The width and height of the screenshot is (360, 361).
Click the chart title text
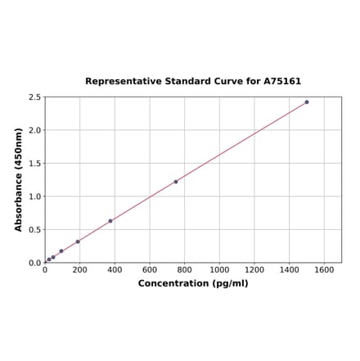(x=193, y=81)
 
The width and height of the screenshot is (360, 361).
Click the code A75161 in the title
(x=281, y=81)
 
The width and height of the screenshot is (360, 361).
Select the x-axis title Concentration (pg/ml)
(x=193, y=283)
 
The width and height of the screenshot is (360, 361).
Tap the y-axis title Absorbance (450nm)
(x=19, y=179)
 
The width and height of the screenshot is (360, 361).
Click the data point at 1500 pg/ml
(x=307, y=102)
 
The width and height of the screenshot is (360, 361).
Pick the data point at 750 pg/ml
(x=176, y=182)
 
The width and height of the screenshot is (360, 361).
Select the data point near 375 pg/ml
(x=110, y=221)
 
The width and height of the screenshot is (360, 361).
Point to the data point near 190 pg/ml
(x=78, y=241)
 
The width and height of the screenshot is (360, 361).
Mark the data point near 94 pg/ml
(x=61, y=251)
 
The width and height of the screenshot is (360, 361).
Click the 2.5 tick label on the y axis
(x=34, y=97)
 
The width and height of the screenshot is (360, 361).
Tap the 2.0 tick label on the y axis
(x=34, y=130)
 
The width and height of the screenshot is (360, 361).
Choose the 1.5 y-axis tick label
(x=34, y=164)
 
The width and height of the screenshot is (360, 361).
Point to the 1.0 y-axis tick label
(x=34, y=196)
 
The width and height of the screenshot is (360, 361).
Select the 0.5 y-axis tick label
(x=34, y=230)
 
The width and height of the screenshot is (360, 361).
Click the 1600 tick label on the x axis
(x=324, y=269)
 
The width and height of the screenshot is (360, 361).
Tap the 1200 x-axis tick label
(x=254, y=269)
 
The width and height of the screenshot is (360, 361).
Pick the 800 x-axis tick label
(x=185, y=269)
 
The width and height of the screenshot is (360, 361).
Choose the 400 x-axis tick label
(x=115, y=269)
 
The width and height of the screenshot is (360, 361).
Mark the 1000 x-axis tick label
(x=219, y=269)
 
